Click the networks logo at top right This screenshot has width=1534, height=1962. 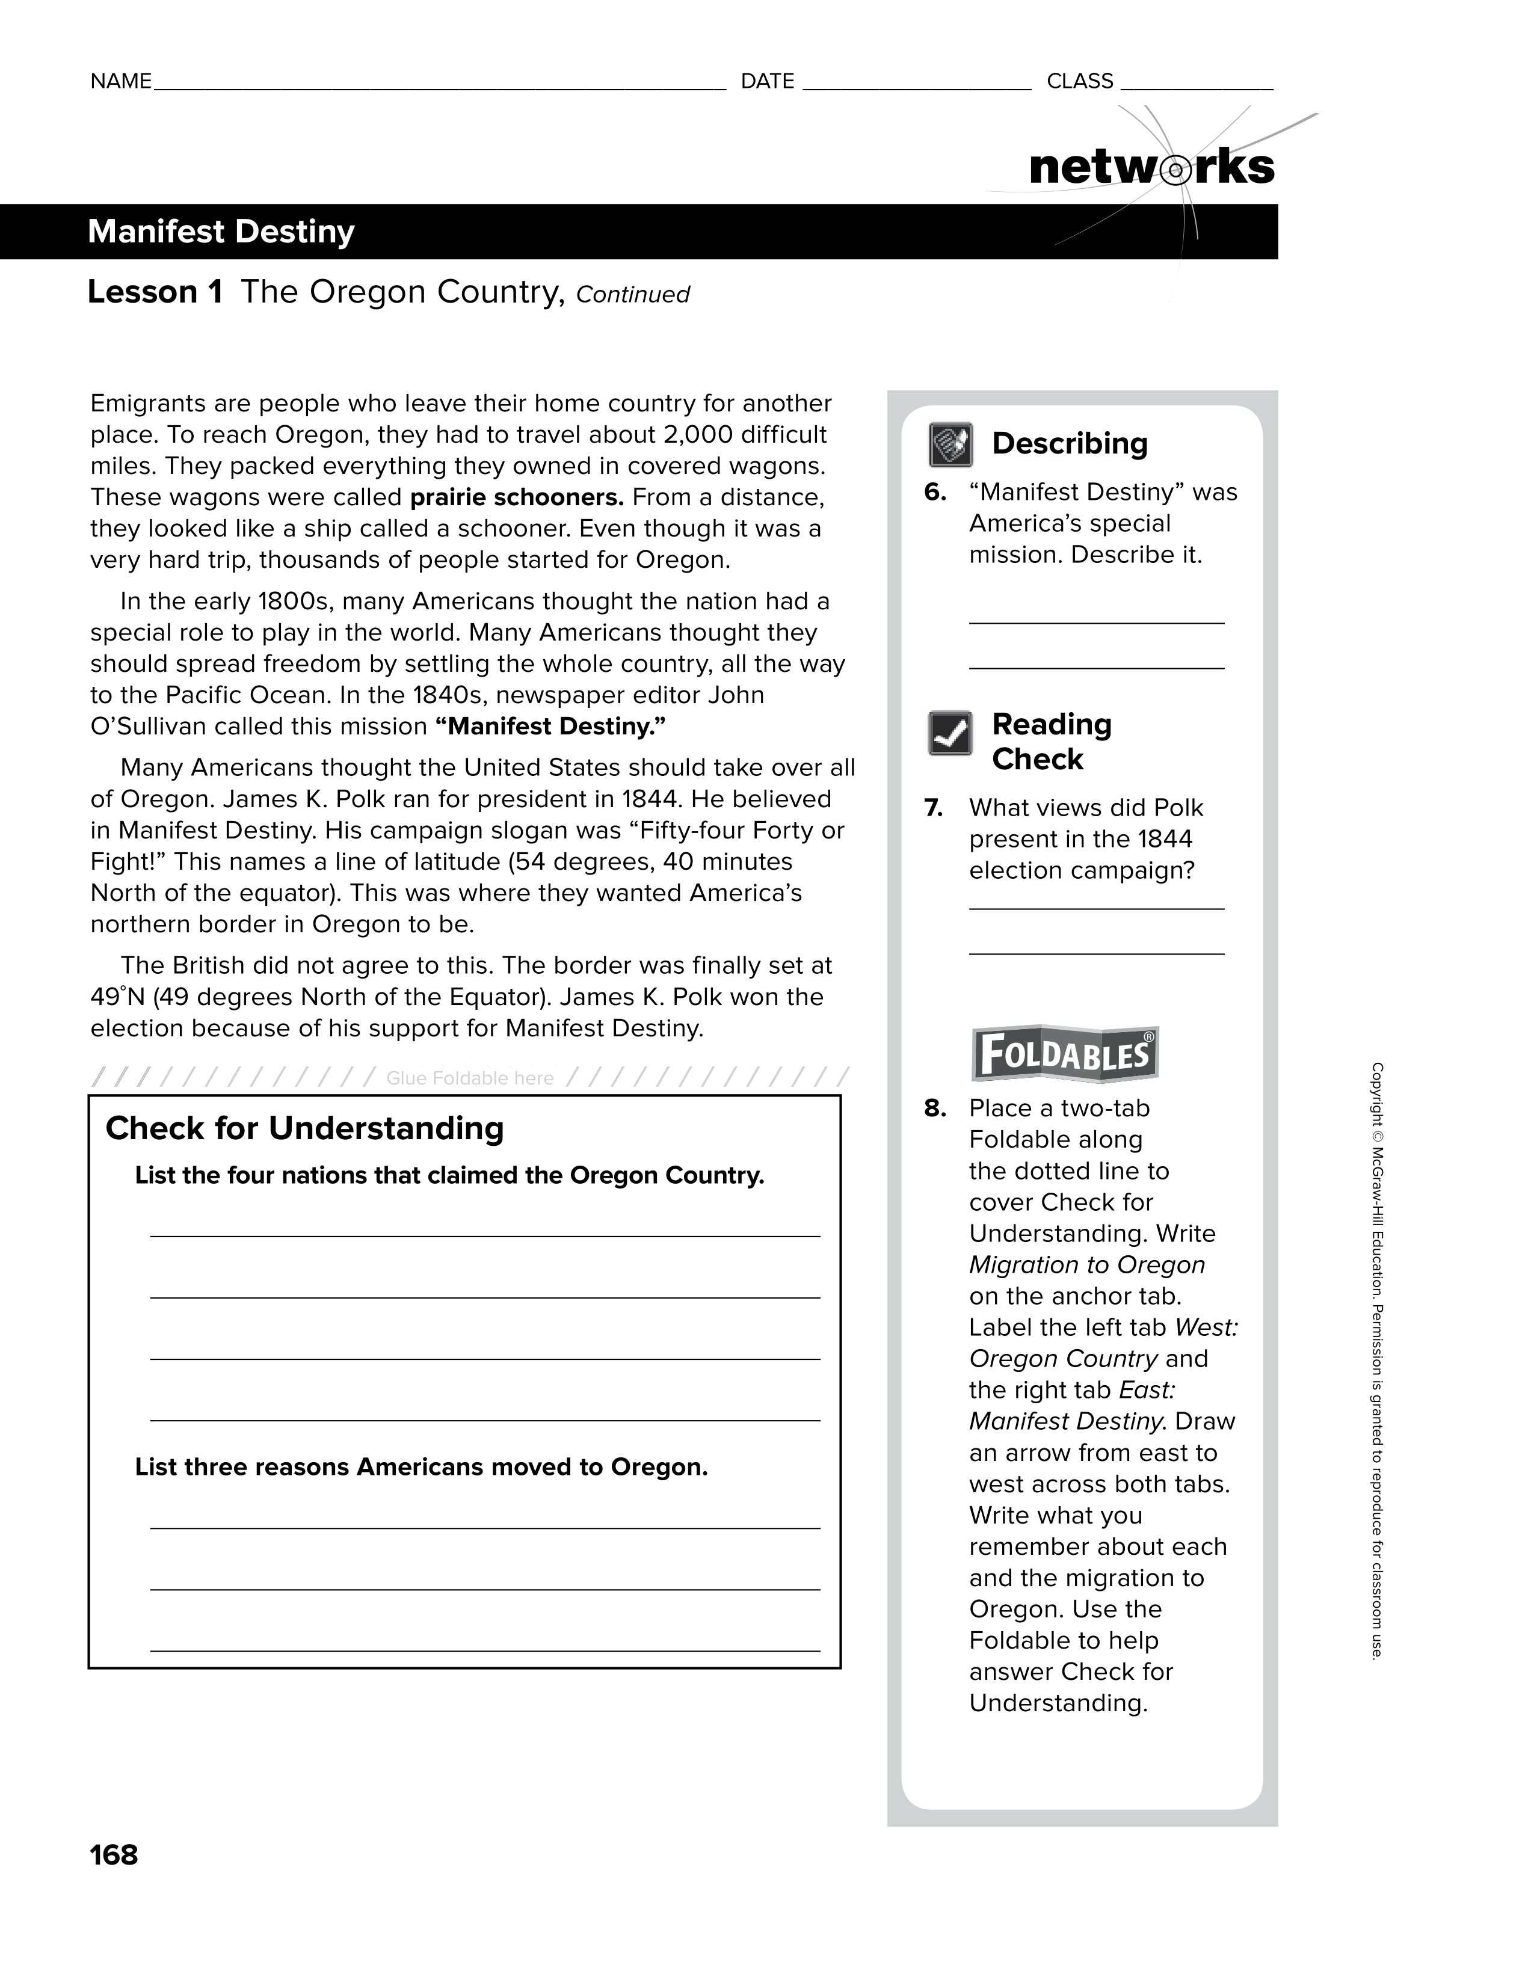[x=1151, y=167]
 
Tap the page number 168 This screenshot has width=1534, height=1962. [x=114, y=1854]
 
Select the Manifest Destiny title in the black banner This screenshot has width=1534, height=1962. [x=221, y=232]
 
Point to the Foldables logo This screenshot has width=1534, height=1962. [x=1065, y=1054]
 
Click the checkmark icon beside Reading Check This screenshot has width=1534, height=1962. [x=950, y=733]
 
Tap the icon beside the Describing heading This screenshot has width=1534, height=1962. [x=950, y=444]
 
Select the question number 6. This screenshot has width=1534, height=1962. [x=935, y=492]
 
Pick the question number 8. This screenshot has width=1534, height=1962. [x=935, y=1109]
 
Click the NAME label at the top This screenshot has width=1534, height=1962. [x=120, y=82]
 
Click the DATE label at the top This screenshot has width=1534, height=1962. [x=768, y=82]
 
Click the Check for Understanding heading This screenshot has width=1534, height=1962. [x=304, y=1128]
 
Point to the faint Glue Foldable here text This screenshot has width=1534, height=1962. [x=470, y=1078]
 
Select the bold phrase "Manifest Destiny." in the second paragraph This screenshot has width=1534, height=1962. [x=550, y=726]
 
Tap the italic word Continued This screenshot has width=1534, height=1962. [x=633, y=295]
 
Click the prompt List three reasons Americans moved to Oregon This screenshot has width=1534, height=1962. [x=422, y=1467]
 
